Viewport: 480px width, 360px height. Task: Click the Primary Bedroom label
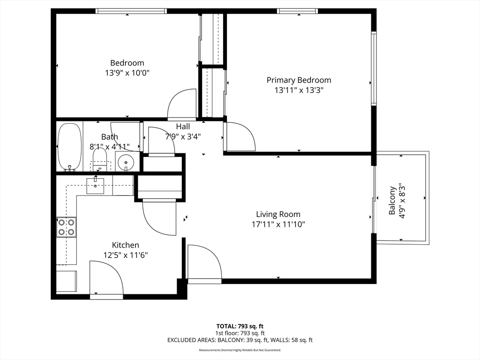point(299,80)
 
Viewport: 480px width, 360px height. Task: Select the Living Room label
point(278,214)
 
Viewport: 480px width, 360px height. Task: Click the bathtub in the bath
point(69,147)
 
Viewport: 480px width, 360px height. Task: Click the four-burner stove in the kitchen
point(66,227)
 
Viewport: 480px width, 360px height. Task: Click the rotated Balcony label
point(392,201)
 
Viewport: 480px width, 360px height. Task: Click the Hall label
point(183,127)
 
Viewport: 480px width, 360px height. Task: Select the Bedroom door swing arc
point(182,104)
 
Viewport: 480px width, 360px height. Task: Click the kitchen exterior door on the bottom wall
point(106,279)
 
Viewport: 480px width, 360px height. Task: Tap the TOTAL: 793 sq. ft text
point(243,326)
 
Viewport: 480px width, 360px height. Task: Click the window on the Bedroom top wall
point(131,11)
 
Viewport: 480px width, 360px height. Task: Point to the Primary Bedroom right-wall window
point(374,68)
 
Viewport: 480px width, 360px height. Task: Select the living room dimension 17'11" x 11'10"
point(278,224)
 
